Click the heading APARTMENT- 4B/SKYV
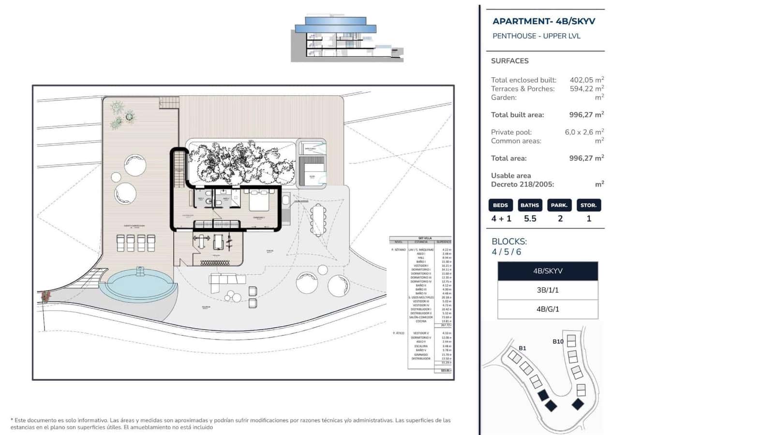(x=544, y=21)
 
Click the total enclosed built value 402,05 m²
(x=586, y=80)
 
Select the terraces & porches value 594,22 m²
(x=586, y=88)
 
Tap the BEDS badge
(x=500, y=205)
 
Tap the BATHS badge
(x=530, y=205)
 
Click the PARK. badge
(x=559, y=205)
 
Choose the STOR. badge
(x=589, y=205)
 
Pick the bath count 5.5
(x=530, y=218)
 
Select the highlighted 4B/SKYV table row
(x=548, y=271)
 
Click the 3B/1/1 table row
(x=548, y=290)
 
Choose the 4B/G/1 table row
(x=548, y=309)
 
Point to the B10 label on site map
(x=558, y=341)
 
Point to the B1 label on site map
(x=522, y=348)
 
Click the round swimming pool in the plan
(x=139, y=285)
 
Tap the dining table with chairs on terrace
(x=318, y=220)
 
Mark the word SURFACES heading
(x=509, y=61)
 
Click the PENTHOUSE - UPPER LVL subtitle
(x=536, y=36)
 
